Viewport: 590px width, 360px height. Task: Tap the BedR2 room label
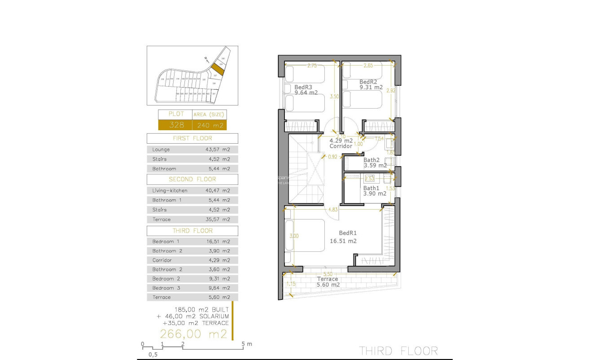[x=368, y=82]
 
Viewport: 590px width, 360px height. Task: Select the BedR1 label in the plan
[x=347, y=233]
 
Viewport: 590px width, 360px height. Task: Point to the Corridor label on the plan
[x=341, y=146]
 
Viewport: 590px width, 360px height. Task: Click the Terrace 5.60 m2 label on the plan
[x=328, y=279]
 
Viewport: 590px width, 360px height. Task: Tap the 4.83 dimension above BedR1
[x=332, y=209]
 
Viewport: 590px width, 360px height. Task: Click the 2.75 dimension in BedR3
[x=312, y=66]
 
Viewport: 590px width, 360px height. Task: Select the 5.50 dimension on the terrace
[x=328, y=274]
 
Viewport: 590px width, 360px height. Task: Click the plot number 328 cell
[x=175, y=125]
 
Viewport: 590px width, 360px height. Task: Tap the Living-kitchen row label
[x=170, y=190]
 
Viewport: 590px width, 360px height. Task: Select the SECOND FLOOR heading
[x=193, y=179]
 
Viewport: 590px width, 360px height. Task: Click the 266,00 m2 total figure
[x=194, y=334]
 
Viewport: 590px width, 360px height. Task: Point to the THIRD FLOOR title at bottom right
[x=398, y=351]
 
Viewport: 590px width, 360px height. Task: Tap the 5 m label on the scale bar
[x=247, y=344]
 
